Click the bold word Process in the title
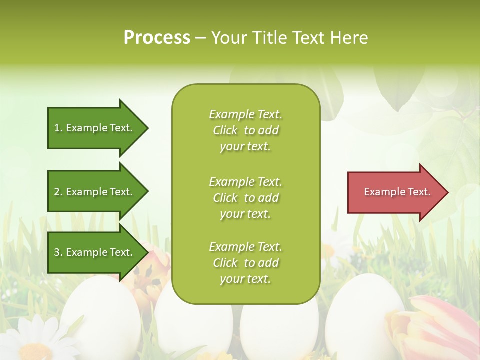click(x=157, y=38)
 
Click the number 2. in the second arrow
click(x=58, y=192)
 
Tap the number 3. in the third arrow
click(x=58, y=252)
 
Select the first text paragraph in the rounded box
click(x=245, y=130)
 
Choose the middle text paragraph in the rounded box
click(x=245, y=198)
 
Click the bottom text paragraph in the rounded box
click(x=245, y=263)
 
